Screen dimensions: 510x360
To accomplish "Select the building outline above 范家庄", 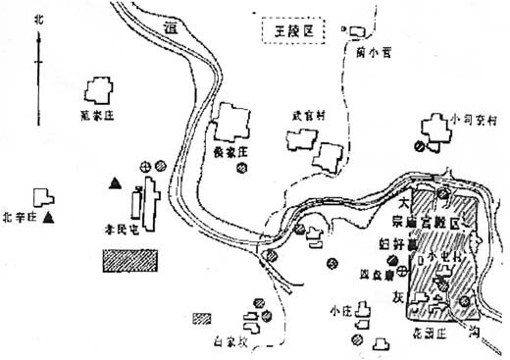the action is point(98,92).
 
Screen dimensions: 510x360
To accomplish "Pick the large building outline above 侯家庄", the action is point(233,123).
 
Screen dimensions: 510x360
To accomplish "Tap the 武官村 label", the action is point(307,115).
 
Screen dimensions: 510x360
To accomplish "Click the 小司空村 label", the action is point(477,118).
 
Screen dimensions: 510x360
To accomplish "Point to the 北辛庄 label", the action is point(20,216).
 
